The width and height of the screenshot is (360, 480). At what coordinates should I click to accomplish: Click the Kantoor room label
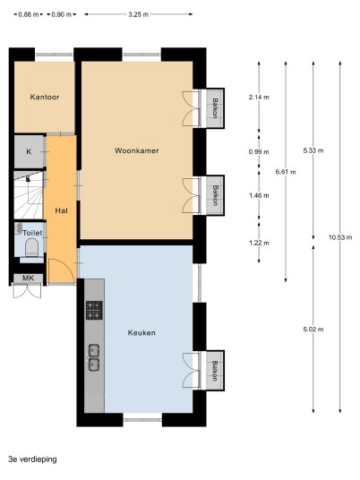point(45,97)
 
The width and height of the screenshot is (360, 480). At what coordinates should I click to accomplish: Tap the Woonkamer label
point(136,150)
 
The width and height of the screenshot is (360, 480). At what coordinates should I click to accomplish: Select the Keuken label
point(141,333)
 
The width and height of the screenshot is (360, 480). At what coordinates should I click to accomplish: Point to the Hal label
point(61,210)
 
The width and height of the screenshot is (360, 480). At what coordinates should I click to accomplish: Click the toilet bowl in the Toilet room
point(31,247)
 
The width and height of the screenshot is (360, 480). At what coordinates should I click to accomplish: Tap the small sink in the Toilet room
point(18,228)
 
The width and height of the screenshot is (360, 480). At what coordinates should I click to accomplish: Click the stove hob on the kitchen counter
point(94,311)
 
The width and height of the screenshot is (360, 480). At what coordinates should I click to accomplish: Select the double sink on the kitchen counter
point(94,357)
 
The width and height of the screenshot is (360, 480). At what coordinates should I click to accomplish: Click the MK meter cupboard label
point(28,279)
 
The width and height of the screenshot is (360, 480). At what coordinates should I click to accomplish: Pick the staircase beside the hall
point(28,195)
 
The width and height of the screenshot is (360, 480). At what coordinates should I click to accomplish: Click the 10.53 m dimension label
point(340,237)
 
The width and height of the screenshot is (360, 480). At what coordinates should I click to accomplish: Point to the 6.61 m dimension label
point(286,172)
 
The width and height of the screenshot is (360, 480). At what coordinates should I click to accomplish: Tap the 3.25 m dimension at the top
point(139,14)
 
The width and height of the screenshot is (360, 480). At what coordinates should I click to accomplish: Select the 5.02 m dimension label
point(313,330)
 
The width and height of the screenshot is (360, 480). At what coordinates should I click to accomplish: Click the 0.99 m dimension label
point(259,152)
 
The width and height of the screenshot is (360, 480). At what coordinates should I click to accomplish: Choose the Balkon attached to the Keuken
point(215,371)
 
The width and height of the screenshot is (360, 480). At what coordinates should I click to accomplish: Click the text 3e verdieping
point(33,459)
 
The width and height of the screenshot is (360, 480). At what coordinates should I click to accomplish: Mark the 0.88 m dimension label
point(29,14)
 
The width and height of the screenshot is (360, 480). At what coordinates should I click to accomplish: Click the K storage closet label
point(29,152)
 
